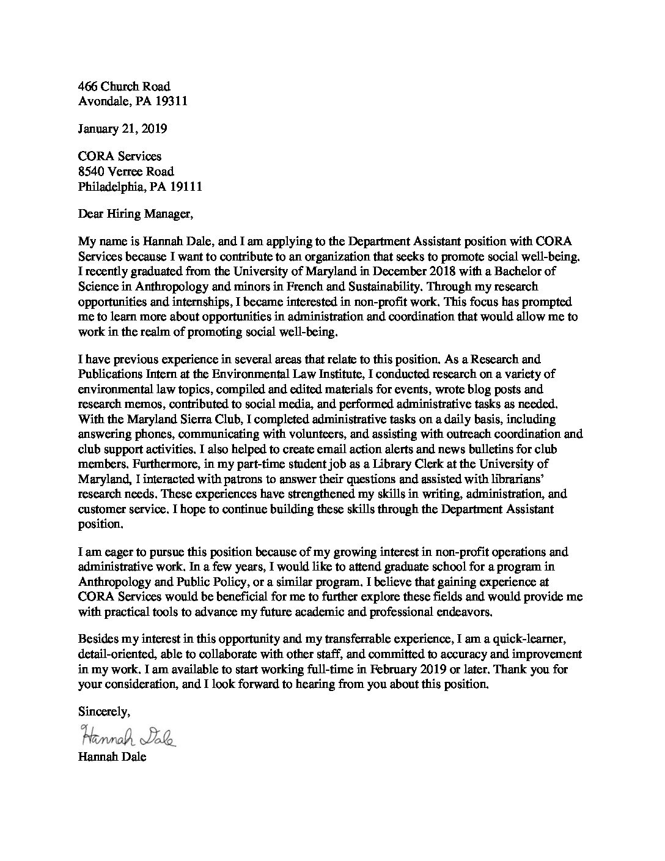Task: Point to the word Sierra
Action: click(x=204, y=419)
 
